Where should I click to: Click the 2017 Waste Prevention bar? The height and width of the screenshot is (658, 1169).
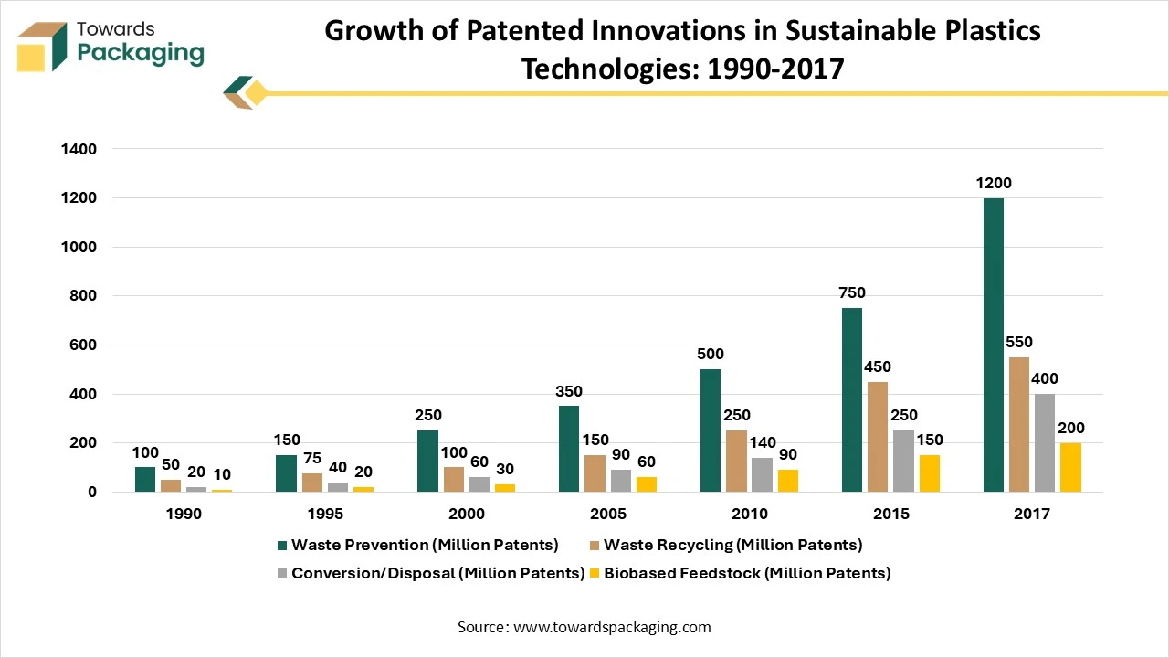pos(993,345)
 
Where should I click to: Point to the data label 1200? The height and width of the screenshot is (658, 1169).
pos(993,184)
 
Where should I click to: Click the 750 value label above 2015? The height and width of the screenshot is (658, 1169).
pos(851,293)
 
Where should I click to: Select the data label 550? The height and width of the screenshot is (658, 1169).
pos(1018,343)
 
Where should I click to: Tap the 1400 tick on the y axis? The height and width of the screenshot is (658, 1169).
pos(80,149)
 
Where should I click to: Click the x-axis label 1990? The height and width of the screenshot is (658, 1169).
pos(184,515)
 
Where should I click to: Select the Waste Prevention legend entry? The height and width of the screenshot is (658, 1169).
pos(417,546)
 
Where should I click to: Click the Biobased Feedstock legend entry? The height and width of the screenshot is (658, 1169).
pos(738,574)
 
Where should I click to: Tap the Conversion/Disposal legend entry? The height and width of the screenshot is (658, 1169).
pos(430,574)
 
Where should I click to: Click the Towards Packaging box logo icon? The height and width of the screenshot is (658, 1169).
pos(42,48)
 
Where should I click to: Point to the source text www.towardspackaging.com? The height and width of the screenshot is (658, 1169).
pos(612,627)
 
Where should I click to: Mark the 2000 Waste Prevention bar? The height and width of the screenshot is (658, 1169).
pos(427,462)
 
